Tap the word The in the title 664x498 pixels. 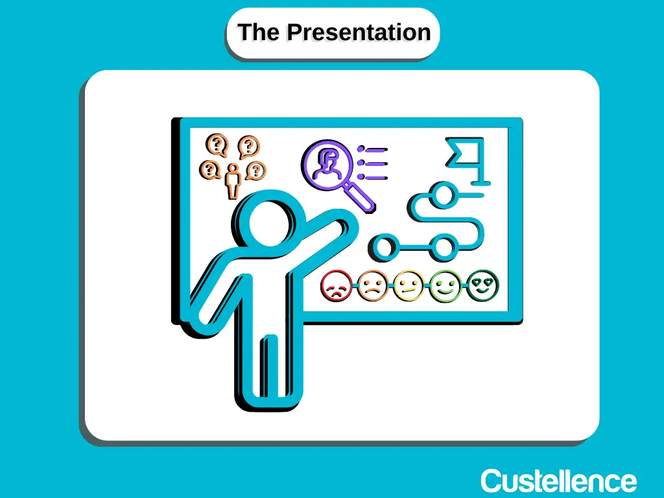[x=259, y=32]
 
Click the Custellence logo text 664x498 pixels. [x=558, y=481]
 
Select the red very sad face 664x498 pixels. [x=337, y=287]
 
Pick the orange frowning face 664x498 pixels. [x=373, y=286]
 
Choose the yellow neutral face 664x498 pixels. [x=409, y=286]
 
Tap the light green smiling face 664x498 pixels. [x=445, y=286]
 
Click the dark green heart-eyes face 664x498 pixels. [x=482, y=285]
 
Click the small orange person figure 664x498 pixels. [x=233, y=182]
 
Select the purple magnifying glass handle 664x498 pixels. [x=359, y=196]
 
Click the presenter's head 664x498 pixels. [x=269, y=220]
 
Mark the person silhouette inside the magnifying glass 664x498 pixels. [x=327, y=165]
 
